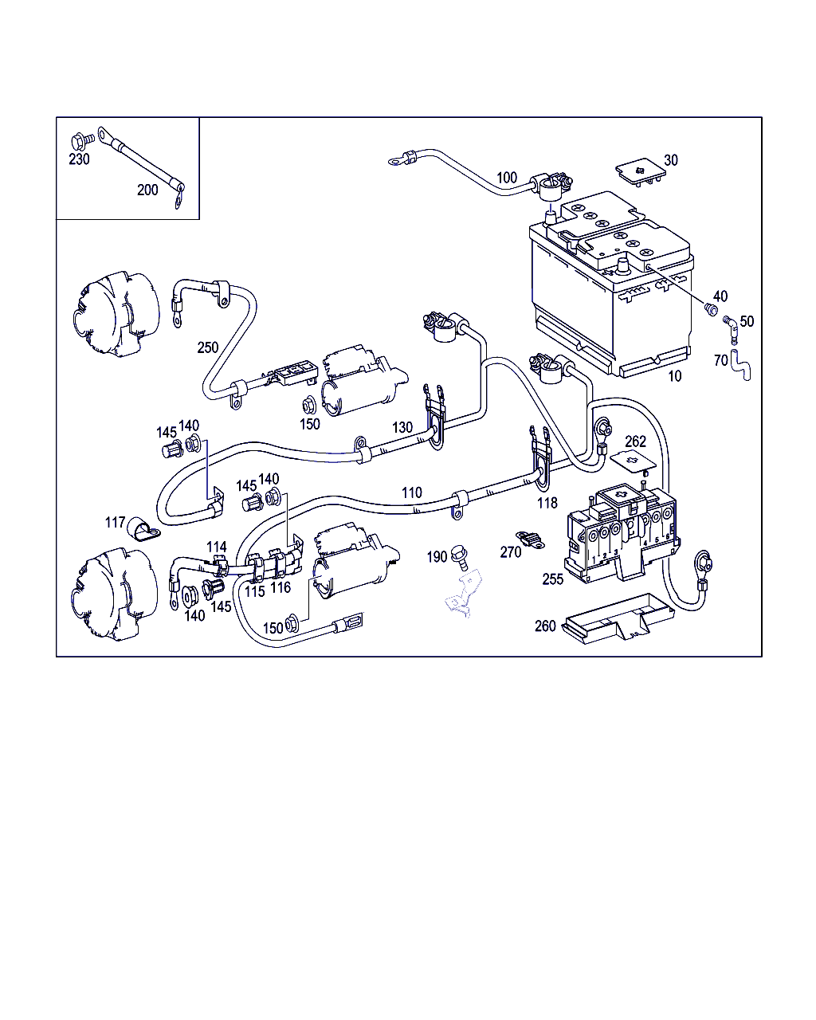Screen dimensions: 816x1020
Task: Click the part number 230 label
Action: coord(79,159)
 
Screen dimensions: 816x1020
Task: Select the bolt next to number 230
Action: coord(82,141)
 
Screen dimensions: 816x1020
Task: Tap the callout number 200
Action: coord(147,190)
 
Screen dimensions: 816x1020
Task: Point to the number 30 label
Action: coord(671,160)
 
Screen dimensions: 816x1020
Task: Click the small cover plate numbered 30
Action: coord(640,172)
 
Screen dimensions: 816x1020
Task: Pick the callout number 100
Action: coord(506,178)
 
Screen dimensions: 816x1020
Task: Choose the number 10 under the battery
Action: coord(675,376)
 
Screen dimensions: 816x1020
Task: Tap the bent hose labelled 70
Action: coord(740,364)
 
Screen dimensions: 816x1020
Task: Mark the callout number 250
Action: coord(208,347)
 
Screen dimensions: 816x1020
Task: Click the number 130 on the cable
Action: coord(402,428)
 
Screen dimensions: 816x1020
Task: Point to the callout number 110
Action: coord(411,493)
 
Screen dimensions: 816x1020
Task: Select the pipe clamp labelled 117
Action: coord(143,530)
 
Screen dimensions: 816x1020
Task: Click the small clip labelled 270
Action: coord(530,539)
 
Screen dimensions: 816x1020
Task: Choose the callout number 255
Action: coord(553,579)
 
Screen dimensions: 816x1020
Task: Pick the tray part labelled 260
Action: coord(618,618)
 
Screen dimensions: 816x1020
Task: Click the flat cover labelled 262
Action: coord(633,461)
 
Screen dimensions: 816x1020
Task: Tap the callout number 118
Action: coord(547,503)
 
